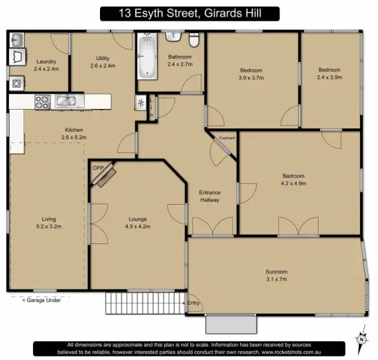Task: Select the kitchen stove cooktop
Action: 42,102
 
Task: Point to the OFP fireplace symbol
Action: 103,176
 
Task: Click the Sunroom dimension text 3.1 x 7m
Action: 276,279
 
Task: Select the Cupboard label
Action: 227,138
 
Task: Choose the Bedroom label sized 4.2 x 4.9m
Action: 293,184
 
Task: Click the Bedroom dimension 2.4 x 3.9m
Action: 330,77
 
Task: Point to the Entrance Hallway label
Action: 210,196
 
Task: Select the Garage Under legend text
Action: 43,300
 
